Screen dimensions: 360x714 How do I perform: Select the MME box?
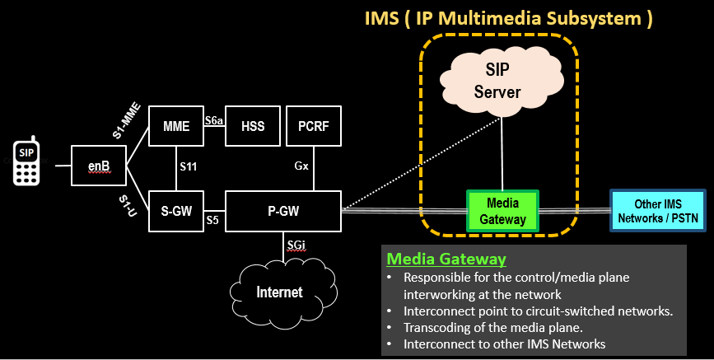175,127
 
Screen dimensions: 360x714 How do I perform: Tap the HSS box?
252,127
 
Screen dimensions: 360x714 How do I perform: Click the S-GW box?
175,210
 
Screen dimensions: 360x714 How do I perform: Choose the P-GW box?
282,210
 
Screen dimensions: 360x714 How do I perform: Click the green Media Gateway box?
502,210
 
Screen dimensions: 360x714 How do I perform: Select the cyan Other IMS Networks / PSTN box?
657,210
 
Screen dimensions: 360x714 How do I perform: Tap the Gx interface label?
301,166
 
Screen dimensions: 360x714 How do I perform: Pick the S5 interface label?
212,220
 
